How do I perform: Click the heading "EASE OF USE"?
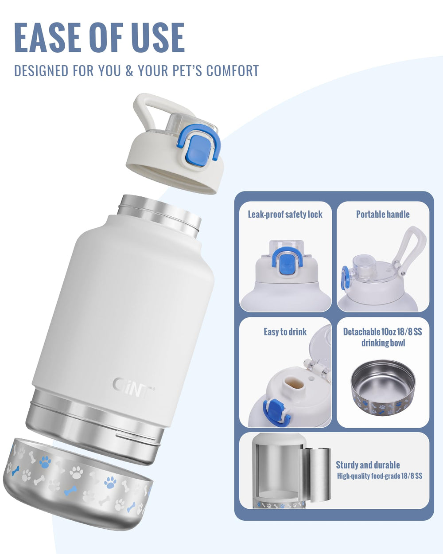(x=99, y=38)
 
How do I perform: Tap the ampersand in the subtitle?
(x=129, y=70)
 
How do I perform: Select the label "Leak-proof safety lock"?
(x=285, y=215)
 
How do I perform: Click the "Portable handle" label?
(x=383, y=214)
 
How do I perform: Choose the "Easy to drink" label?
(x=285, y=332)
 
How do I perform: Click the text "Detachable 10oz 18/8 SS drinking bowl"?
(x=383, y=337)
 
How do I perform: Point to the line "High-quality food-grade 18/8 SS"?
(x=380, y=476)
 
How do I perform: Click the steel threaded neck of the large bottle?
(x=159, y=215)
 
